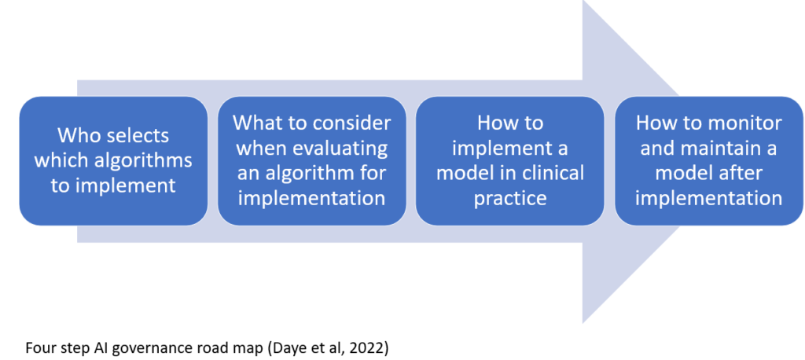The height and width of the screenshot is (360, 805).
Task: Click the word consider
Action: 358,123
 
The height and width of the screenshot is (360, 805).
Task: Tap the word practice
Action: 509,198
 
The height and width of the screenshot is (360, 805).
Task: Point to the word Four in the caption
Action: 39,348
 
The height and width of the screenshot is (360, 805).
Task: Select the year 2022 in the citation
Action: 369,348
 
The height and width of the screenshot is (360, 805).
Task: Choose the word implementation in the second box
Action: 311,198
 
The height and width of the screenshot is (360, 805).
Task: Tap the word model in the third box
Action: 458,173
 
